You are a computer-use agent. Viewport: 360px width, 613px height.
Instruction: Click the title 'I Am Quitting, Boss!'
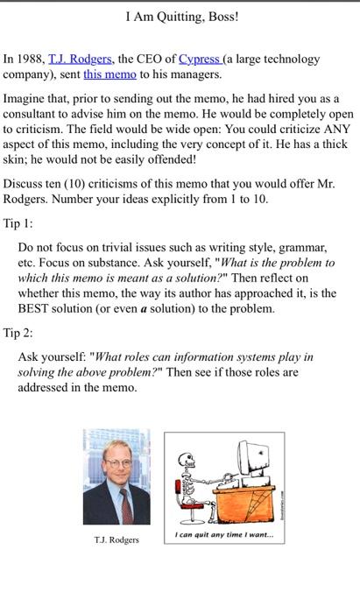(x=182, y=17)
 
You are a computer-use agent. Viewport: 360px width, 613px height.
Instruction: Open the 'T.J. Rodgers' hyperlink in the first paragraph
(x=76, y=60)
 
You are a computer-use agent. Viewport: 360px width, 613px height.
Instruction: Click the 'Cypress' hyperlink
(x=200, y=60)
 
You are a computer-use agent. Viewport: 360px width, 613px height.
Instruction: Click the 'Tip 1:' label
(x=18, y=222)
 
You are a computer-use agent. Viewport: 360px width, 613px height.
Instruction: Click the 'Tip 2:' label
(x=18, y=333)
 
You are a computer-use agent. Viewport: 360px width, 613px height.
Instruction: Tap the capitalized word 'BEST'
(x=37, y=309)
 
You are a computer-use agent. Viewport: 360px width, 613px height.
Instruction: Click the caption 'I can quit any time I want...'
(x=223, y=536)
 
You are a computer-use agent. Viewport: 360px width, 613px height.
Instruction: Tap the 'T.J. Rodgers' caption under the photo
(x=116, y=539)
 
